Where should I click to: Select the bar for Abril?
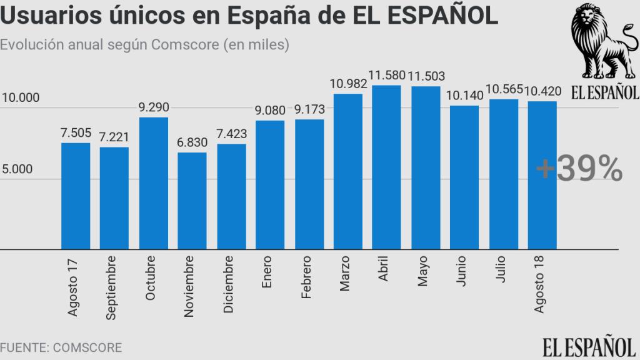pos(386,167)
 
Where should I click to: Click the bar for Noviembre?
pos(192,201)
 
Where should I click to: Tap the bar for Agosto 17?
pos(76,196)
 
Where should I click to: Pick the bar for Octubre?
pos(153,183)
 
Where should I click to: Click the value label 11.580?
pos(387,76)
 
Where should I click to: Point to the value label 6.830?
pos(192,143)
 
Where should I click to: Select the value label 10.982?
pos(347,84)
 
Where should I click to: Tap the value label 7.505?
pos(76,132)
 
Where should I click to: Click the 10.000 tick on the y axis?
pos(21,98)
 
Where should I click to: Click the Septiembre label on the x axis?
pos(111,287)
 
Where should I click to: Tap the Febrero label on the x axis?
pos(306,277)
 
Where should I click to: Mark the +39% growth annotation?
pos(579,169)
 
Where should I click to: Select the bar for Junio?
pos(464,177)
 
